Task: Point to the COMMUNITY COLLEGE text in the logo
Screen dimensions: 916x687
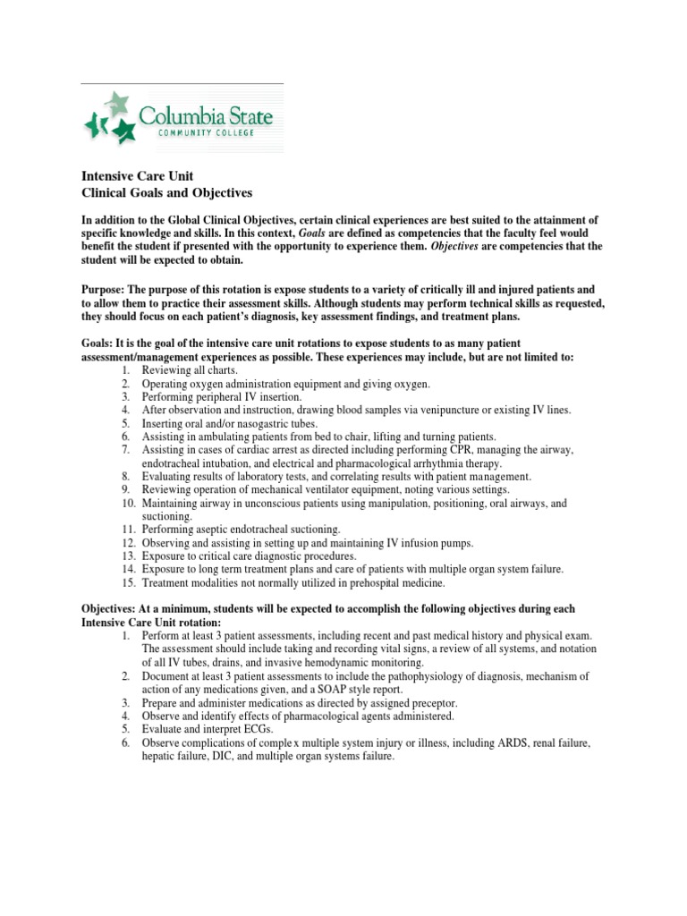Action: tap(207, 133)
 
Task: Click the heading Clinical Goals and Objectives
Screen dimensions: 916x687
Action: tap(167, 192)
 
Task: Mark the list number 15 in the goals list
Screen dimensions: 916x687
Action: tap(126, 583)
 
